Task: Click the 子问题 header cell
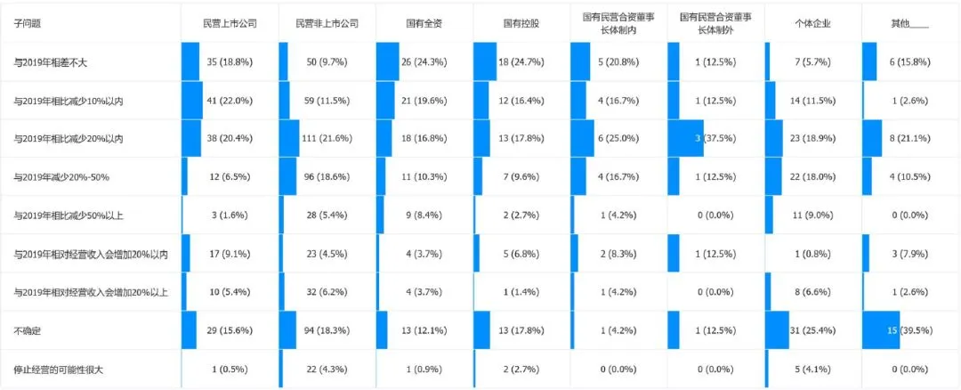point(27,23)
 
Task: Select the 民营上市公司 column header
point(230,23)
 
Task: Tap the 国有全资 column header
point(424,23)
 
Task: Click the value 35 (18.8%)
point(230,62)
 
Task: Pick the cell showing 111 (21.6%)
point(327,139)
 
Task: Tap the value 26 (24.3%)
point(424,62)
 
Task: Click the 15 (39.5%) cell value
point(909,330)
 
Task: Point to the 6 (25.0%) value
point(618,139)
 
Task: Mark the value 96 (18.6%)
point(327,177)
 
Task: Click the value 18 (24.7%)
point(521,62)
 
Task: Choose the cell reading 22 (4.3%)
point(327,370)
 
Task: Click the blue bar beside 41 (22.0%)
point(192,100)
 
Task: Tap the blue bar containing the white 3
point(684,139)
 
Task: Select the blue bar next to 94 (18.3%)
point(287,330)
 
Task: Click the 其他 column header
point(909,23)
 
